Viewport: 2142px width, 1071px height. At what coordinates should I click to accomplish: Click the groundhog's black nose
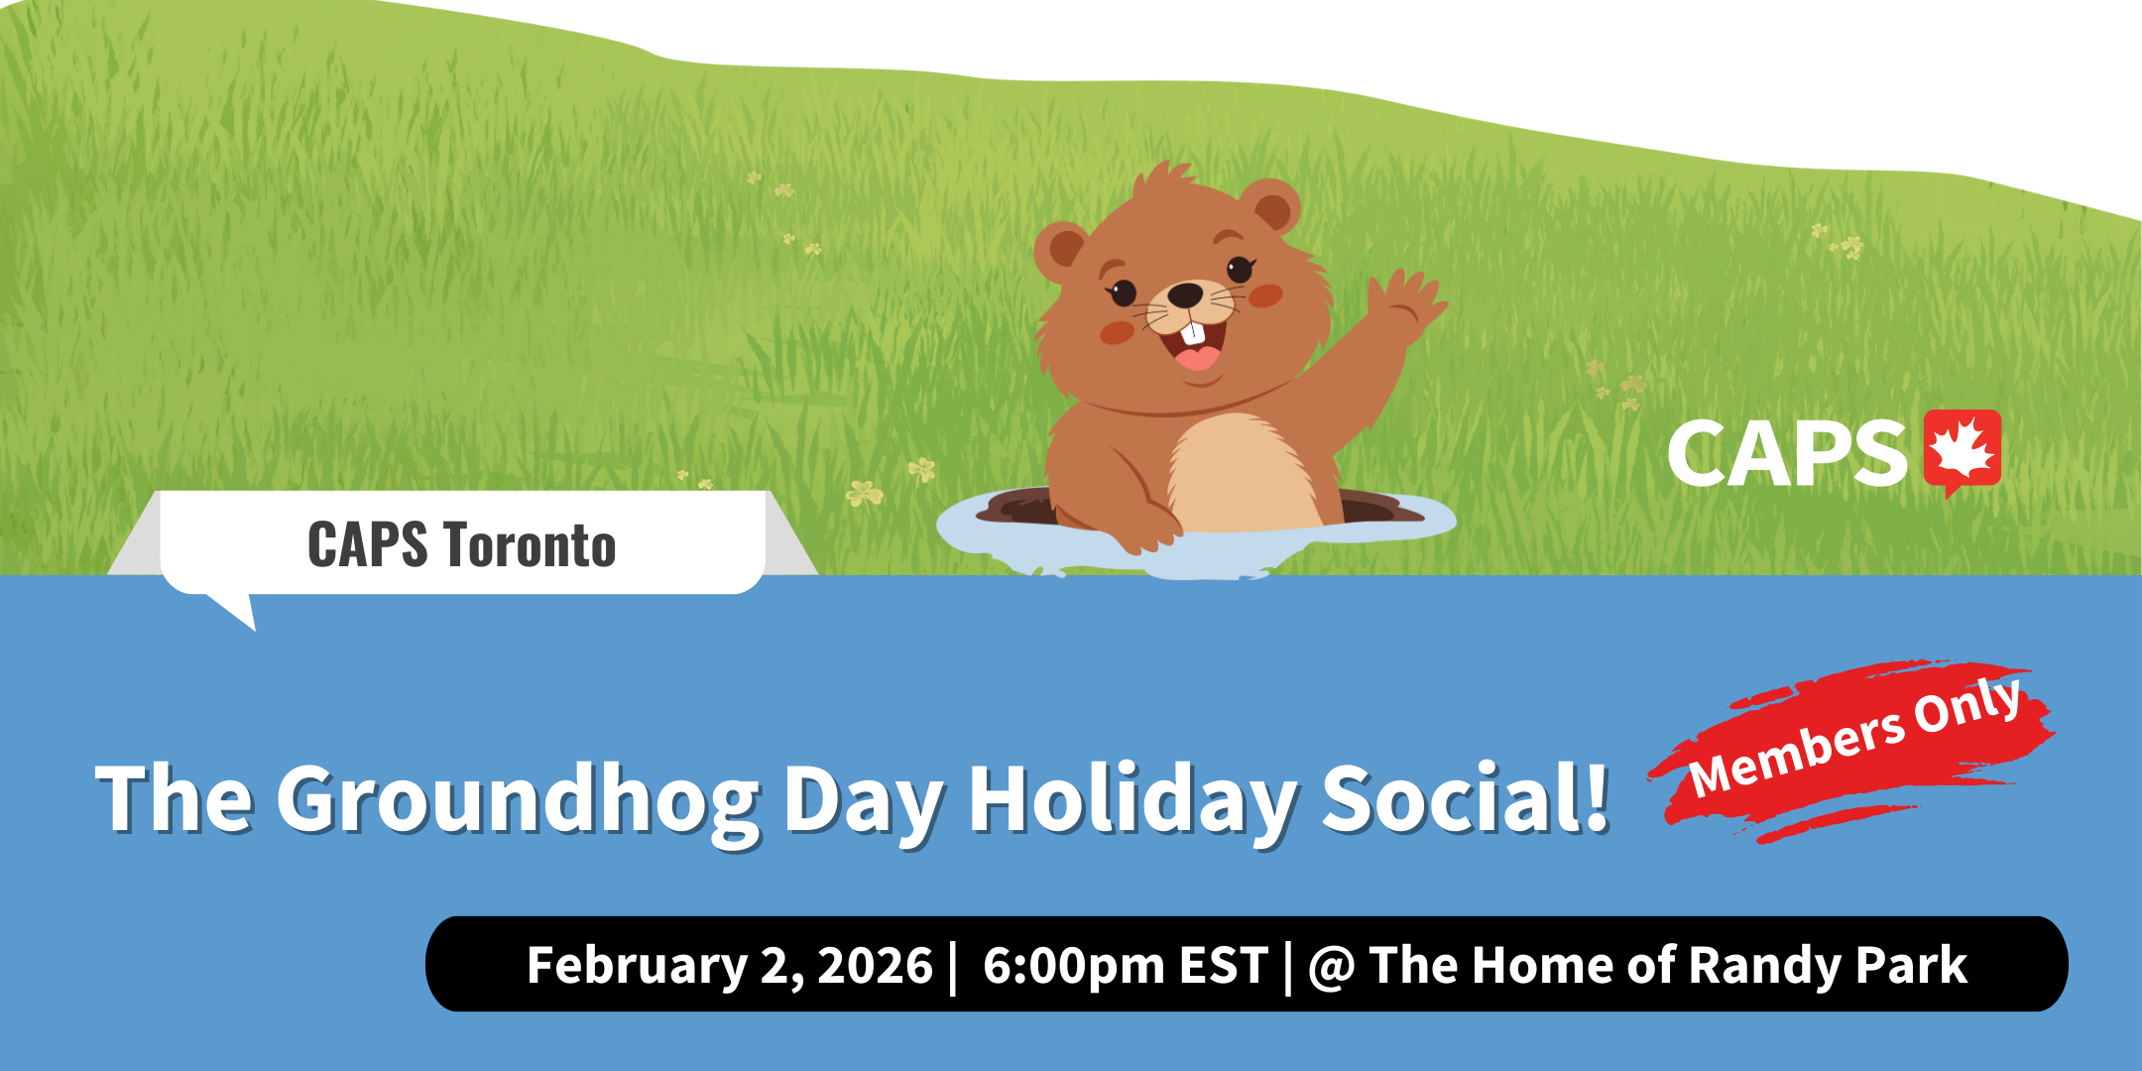pyautogui.click(x=1185, y=294)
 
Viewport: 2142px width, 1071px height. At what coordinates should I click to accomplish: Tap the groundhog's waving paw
pyautogui.click(x=1406, y=301)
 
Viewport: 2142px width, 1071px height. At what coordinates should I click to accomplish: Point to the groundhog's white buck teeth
pyautogui.click(x=1197, y=334)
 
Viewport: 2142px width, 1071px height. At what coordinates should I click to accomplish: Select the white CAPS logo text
pyautogui.click(x=1787, y=453)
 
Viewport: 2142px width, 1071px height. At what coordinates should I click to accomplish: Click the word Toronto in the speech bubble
pyautogui.click(x=530, y=545)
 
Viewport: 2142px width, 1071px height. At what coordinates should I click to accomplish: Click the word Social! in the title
pyautogui.click(x=1466, y=797)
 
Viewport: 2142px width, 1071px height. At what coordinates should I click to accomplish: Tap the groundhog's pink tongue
pyautogui.click(x=1198, y=358)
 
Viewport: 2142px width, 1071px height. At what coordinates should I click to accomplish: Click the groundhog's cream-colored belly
pyautogui.click(x=1243, y=474)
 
